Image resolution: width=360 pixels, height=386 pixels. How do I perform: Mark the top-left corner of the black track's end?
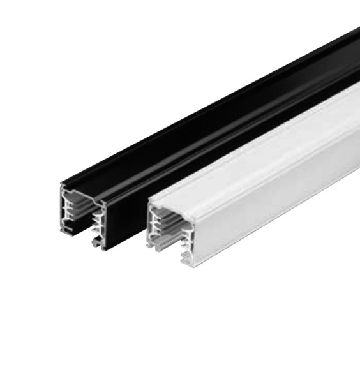63,184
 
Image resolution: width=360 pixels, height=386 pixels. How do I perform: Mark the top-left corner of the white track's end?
149,198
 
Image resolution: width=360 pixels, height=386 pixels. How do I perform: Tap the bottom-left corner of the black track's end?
64,231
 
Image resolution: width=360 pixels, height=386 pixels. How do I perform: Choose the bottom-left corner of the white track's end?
151,246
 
